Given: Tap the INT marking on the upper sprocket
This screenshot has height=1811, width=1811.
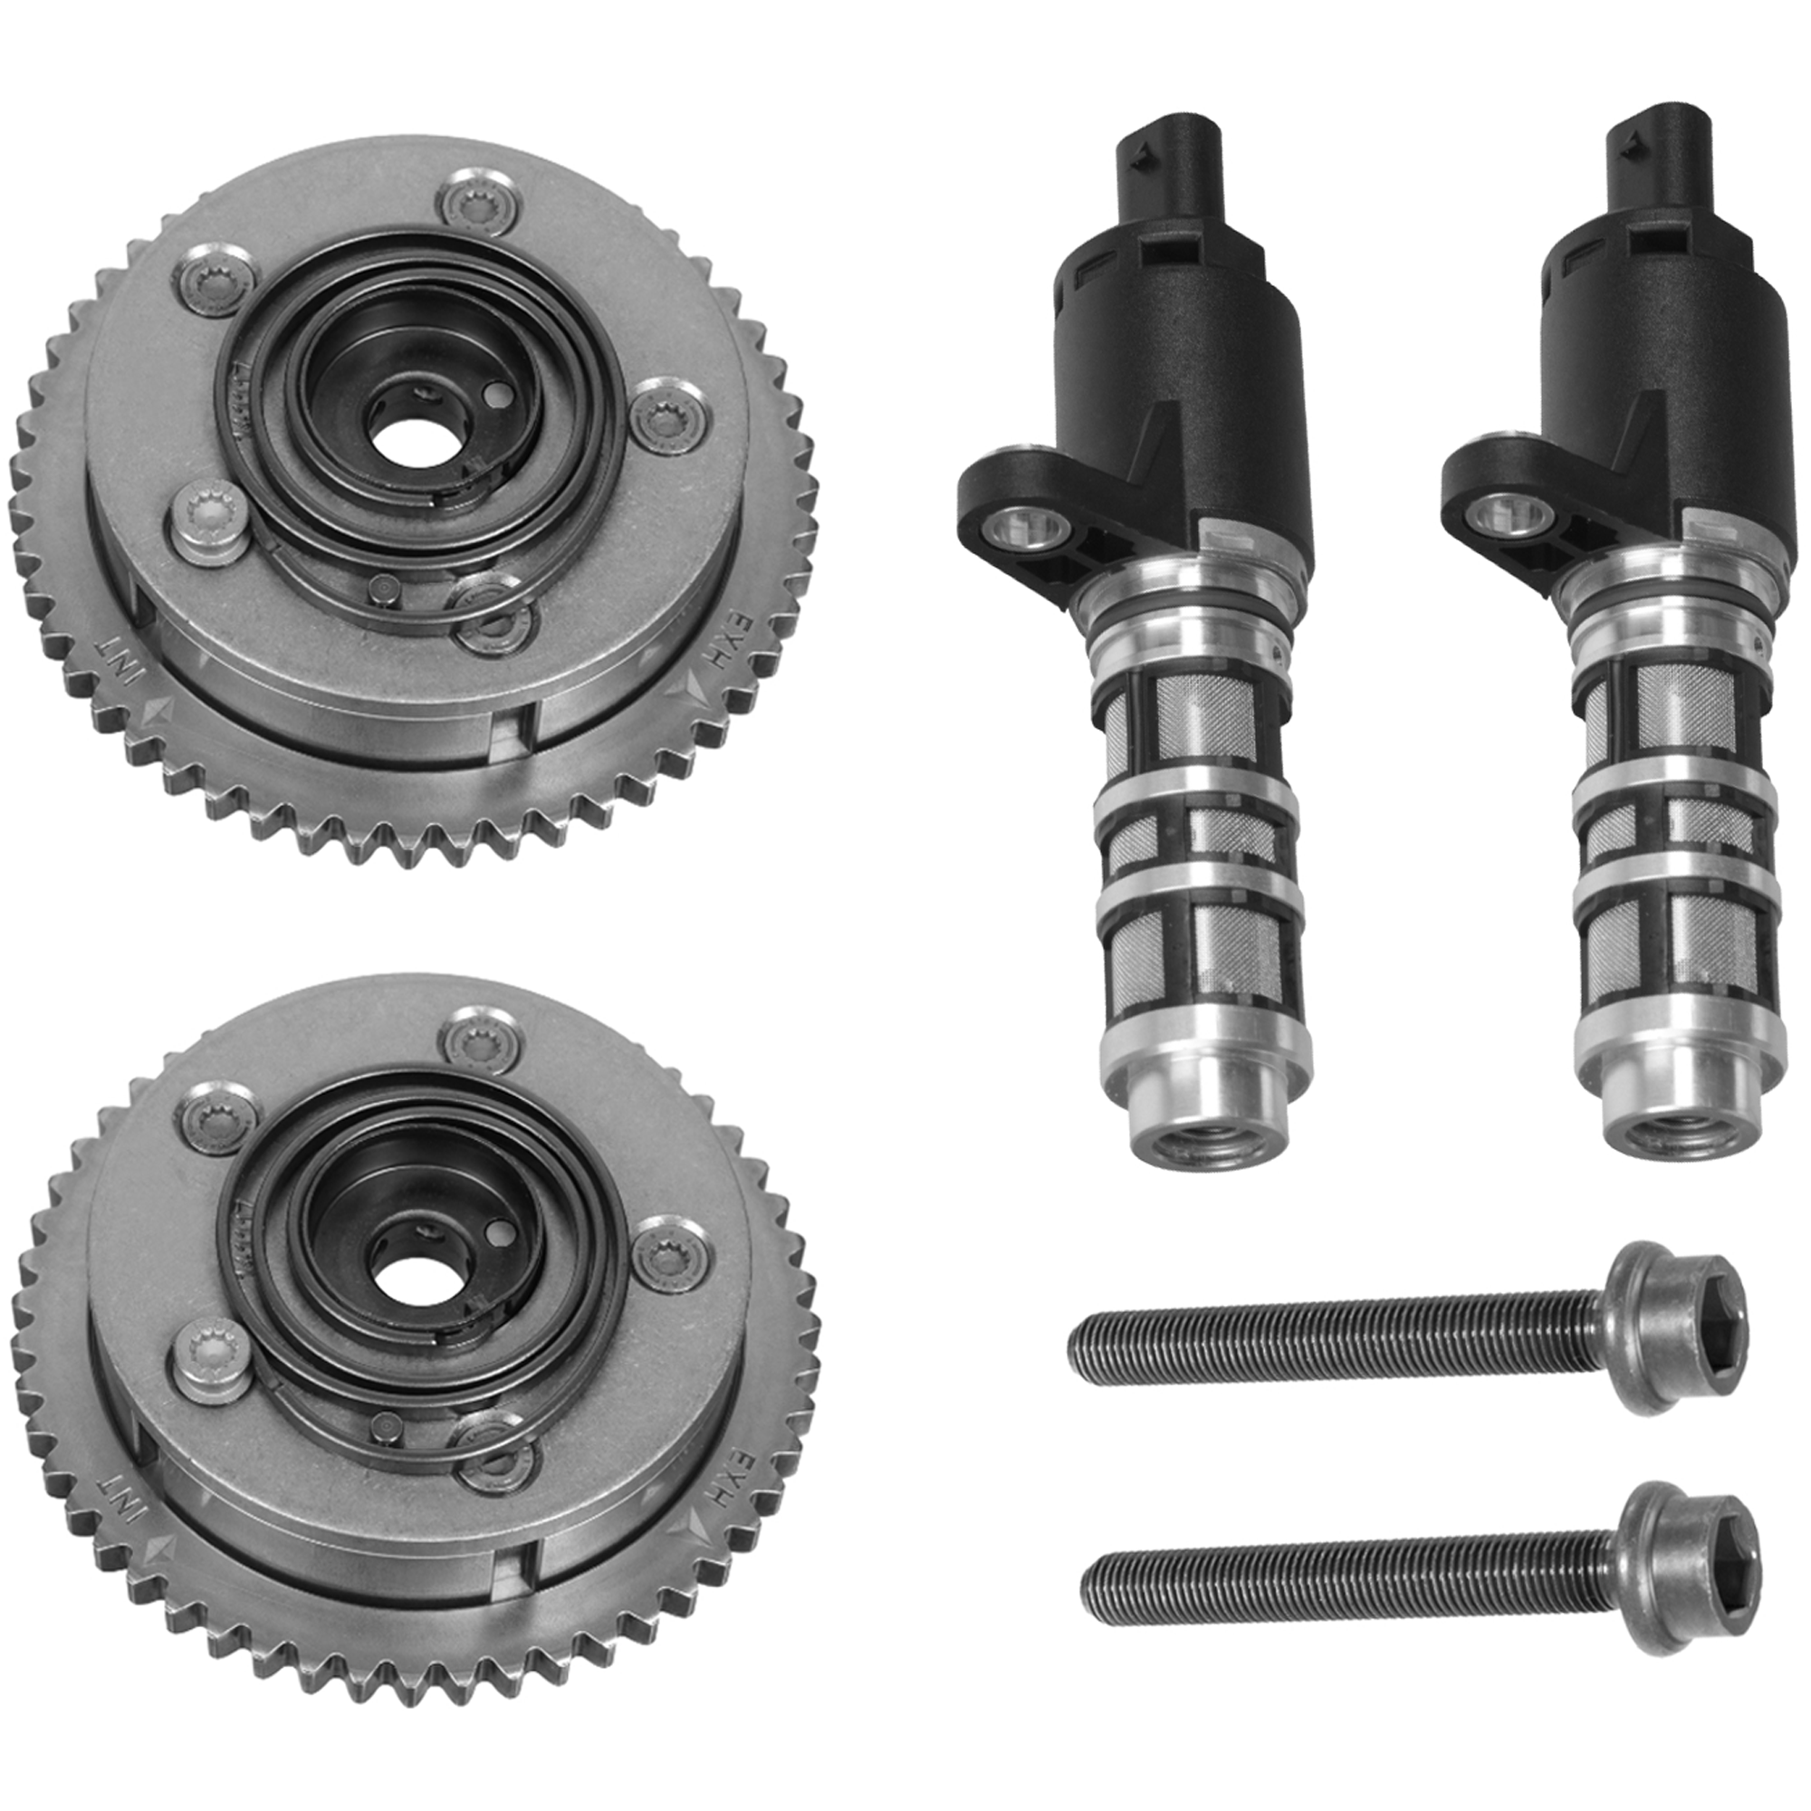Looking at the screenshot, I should coord(120,660).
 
